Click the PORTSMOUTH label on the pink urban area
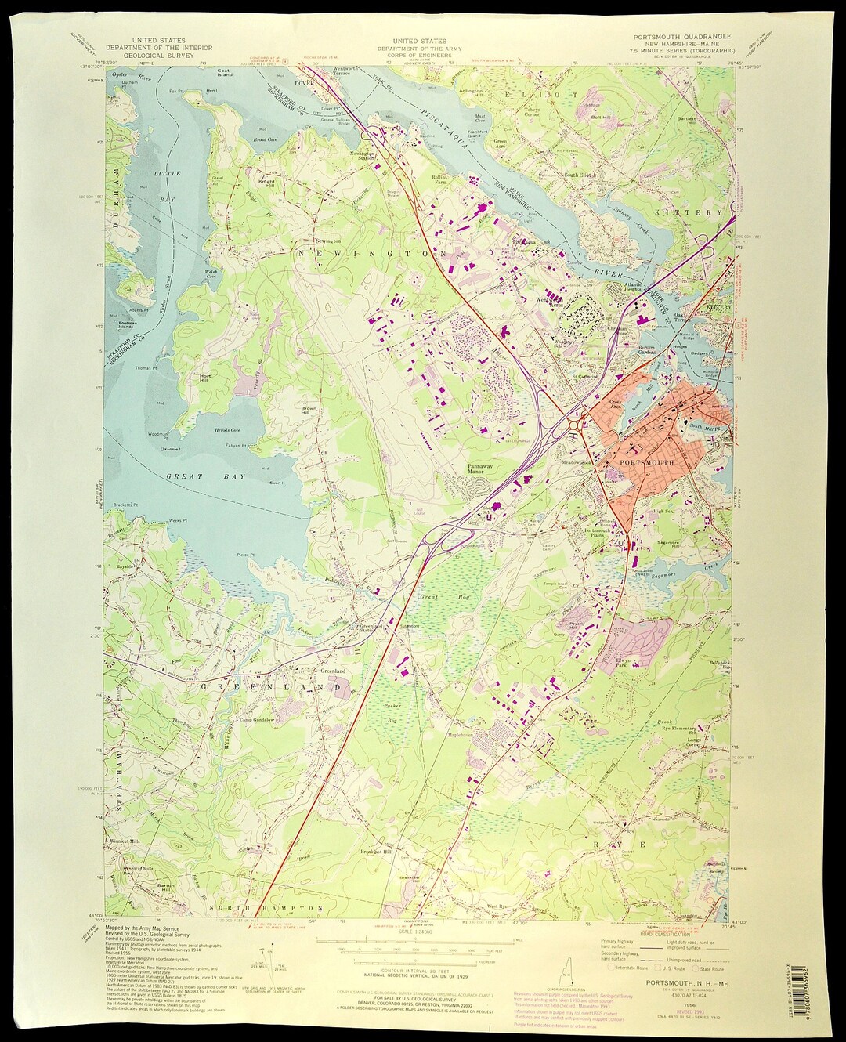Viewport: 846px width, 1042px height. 646,463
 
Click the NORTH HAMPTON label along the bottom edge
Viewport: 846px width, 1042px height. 277,908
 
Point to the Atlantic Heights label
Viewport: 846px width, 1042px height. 633,287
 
